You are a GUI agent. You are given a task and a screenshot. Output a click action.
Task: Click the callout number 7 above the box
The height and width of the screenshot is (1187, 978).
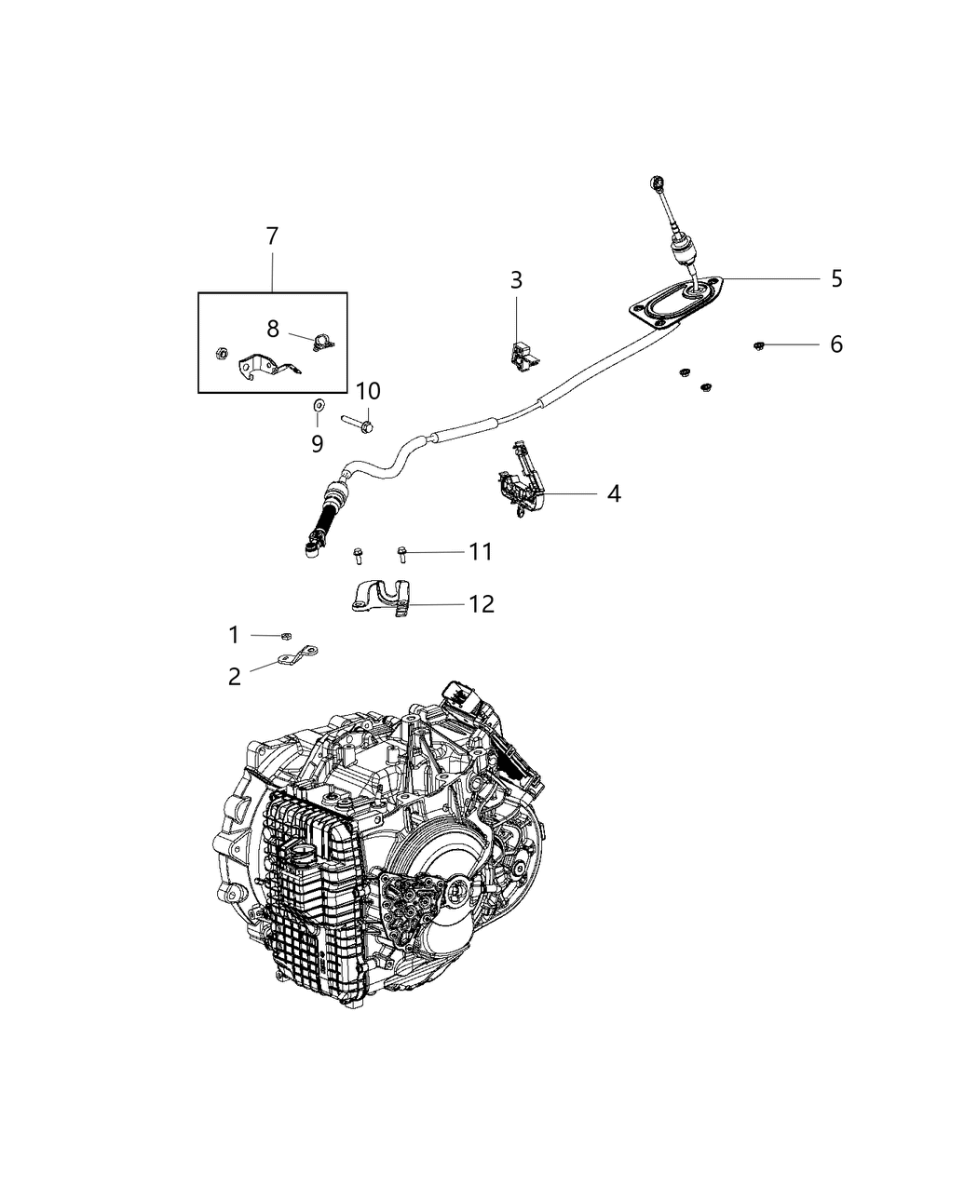point(272,236)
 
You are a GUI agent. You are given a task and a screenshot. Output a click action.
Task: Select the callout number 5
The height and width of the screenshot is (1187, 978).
point(836,278)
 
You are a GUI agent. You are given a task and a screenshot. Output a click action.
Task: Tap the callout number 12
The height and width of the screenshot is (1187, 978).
point(482,604)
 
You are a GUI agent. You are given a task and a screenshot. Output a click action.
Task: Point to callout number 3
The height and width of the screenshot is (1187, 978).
point(516,279)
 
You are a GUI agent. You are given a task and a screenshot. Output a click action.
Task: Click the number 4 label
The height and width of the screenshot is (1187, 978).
point(613,493)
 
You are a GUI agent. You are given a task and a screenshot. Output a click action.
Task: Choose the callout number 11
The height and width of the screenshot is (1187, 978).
point(481,552)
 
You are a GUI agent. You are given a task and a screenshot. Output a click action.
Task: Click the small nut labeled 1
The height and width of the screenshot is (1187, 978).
point(281,636)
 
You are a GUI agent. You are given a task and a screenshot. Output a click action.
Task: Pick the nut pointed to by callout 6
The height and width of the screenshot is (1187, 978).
point(759,346)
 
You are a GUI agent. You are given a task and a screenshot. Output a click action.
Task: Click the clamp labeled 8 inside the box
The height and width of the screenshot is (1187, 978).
point(323,344)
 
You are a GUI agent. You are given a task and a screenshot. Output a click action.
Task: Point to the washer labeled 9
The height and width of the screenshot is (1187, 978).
point(318,404)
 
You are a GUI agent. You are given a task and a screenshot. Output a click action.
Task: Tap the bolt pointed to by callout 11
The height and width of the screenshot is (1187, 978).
point(402,553)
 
